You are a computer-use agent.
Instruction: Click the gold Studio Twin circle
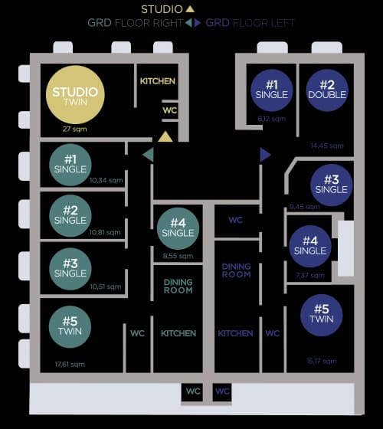[x=75, y=95]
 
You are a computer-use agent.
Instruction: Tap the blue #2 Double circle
[x=327, y=90]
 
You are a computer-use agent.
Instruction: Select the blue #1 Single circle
[x=271, y=90]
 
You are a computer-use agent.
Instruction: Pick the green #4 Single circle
[x=178, y=228]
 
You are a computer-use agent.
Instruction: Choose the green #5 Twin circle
[x=70, y=326]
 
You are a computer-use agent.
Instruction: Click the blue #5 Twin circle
[x=321, y=313]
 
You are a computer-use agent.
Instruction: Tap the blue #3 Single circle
[x=331, y=184]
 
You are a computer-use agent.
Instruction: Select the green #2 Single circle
[x=70, y=215]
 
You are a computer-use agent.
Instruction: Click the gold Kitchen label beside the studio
[x=158, y=81]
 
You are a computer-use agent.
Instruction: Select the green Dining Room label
[x=178, y=286]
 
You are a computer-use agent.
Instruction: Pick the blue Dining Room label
[x=236, y=270]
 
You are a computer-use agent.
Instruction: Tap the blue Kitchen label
[x=235, y=333]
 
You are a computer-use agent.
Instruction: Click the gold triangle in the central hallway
[x=165, y=137]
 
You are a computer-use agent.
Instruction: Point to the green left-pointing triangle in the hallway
[x=148, y=155]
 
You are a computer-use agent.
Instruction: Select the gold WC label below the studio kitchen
[x=169, y=110]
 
